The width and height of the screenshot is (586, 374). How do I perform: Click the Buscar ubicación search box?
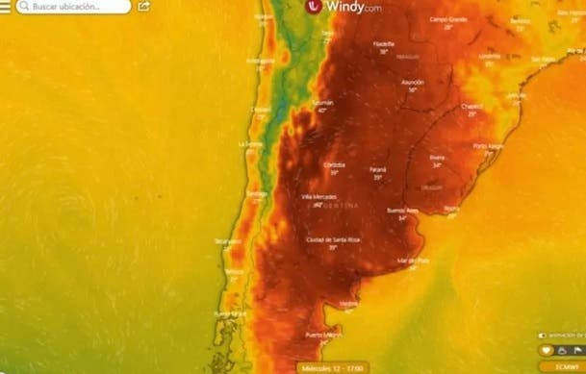71,7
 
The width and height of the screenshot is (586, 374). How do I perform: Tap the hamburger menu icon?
6,7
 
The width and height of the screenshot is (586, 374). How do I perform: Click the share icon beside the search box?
144,7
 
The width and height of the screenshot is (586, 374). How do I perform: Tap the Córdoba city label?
334,164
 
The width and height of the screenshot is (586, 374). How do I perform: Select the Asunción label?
412,83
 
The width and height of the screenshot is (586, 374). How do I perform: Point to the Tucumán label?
321,102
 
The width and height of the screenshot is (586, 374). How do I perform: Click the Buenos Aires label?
402,210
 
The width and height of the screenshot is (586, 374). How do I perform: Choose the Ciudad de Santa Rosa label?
333,238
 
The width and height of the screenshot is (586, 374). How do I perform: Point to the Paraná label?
378,170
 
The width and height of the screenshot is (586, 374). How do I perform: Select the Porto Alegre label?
489,145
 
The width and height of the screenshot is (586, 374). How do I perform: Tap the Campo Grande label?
447,19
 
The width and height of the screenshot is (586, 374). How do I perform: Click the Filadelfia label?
383,43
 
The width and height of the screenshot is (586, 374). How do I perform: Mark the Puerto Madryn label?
323,335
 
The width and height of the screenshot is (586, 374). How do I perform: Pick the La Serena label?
250,143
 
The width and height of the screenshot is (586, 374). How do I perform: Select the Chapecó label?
471,107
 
